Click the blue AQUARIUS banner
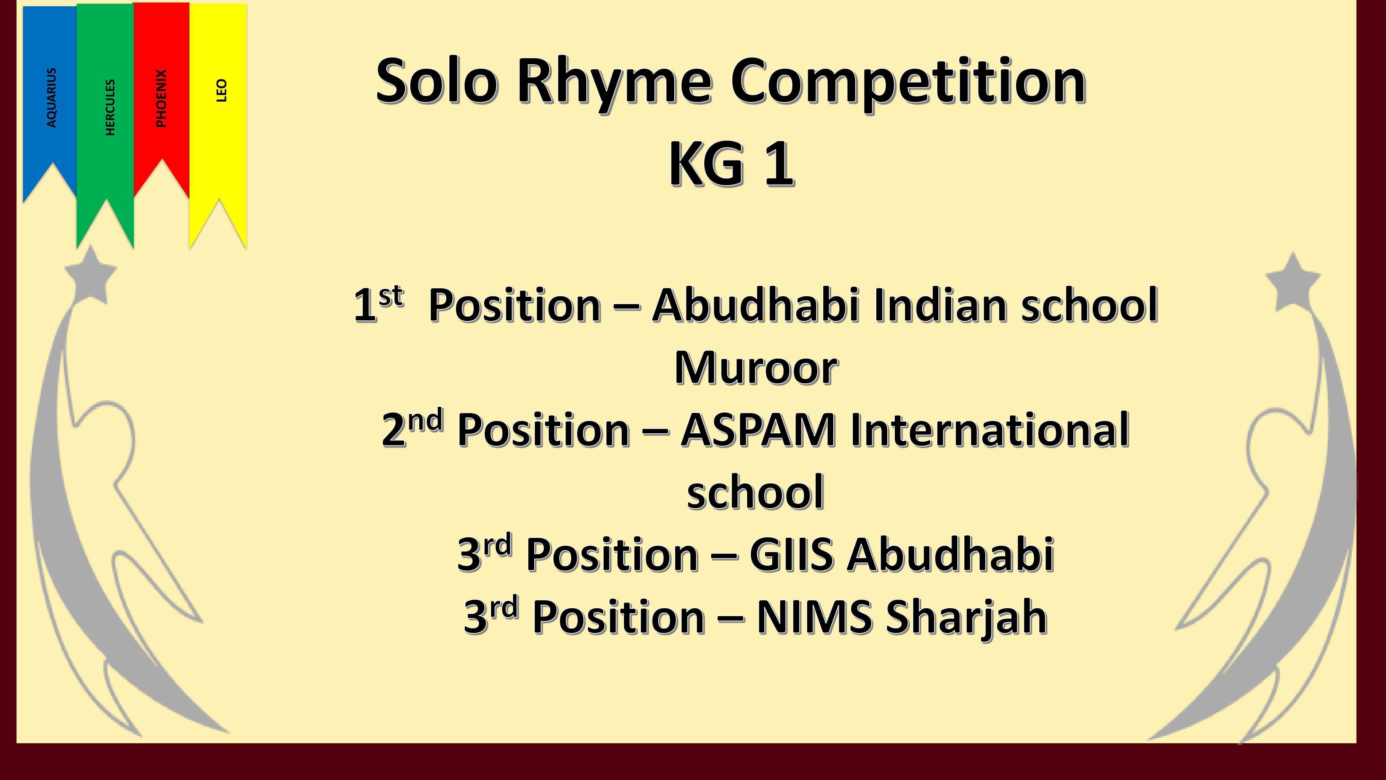[x=50, y=97]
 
